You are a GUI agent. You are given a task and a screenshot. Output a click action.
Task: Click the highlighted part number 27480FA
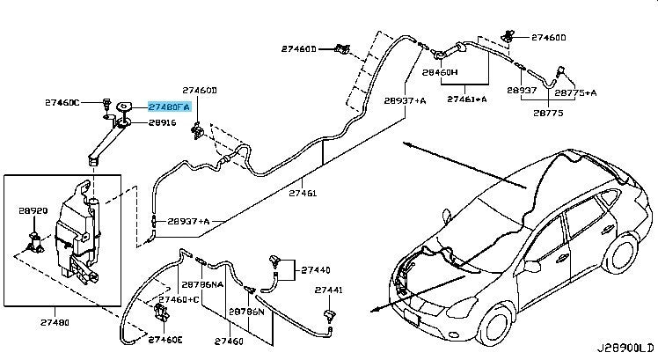tap(168, 107)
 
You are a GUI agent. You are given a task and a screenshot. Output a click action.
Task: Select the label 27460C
tap(62, 103)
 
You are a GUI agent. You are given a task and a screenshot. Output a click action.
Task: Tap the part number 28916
tap(162, 122)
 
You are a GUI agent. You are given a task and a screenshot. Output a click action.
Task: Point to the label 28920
tap(33, 212)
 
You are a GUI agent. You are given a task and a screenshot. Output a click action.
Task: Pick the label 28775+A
tap(576, 92)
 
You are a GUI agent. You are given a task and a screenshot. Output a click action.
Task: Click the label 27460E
tap(165, 339)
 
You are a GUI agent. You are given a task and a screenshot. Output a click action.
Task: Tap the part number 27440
tap(316, 270)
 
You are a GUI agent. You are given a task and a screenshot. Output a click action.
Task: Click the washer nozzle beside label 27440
tap(278, 261)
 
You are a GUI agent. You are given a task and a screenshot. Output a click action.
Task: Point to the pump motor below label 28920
tap(35, 239)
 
